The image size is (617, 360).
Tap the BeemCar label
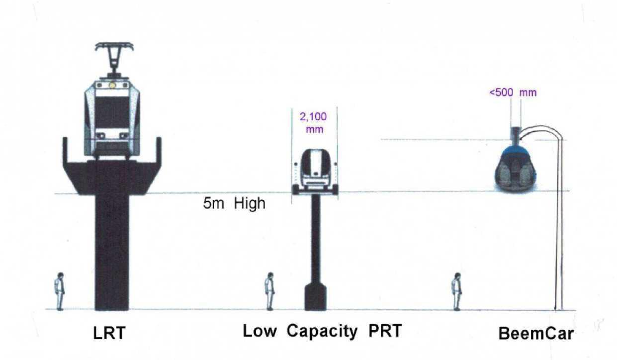point(536,334)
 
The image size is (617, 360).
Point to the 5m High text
point(234,203)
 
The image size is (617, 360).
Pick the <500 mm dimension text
point(513,92)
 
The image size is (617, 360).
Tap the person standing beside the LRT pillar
point(60,291)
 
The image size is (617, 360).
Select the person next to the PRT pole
point(269,291)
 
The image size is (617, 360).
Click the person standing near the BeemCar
point(456,291)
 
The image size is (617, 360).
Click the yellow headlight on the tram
point(112,86)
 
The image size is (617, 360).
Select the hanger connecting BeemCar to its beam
point(516,135)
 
